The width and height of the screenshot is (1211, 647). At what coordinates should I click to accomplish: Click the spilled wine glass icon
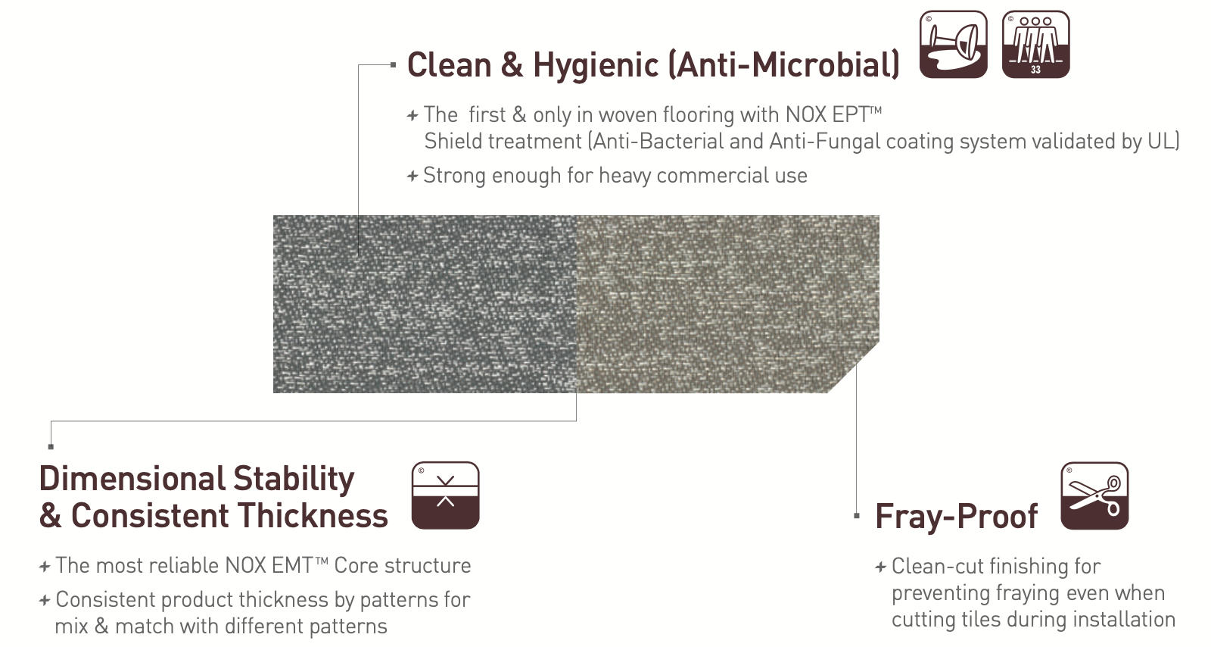tap(953, 45)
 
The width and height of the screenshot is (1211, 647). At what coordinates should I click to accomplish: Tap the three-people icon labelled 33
tap(1035, 45)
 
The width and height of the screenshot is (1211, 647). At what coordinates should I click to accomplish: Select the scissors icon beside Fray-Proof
tap(1094, 495)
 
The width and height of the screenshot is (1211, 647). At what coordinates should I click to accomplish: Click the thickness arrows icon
tap(446, 495)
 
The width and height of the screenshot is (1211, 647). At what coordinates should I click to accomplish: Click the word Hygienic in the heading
tap(596, 65)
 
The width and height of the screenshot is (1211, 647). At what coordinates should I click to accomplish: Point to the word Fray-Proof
tap(957, 516)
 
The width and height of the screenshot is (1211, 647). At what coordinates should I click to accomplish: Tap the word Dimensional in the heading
tap(131, 479)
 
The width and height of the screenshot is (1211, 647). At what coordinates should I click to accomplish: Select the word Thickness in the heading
tap(311, 515)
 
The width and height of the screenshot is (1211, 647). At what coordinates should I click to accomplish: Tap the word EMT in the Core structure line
tap(292, 566)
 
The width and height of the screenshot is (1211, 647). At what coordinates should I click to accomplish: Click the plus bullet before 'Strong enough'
tap(412, 176)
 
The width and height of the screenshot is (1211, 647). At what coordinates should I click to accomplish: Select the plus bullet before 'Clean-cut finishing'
tap(881, 567)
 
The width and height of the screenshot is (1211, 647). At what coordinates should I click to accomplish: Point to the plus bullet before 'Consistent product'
tap(45, 600)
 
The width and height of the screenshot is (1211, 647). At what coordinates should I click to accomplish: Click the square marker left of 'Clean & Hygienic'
tap(393, 65)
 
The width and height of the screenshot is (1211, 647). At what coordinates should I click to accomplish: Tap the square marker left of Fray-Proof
tap(856, 516)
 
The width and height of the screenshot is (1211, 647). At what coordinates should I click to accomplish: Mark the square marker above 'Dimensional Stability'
tap(51, 446)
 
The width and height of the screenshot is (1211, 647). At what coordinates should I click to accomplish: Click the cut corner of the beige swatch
tap(854, 367)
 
